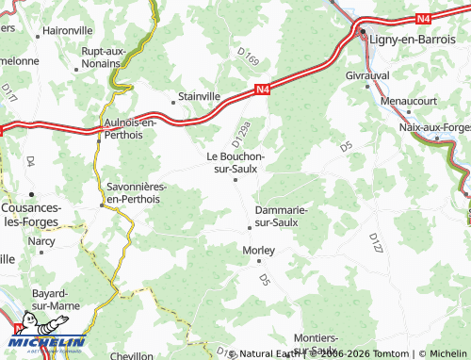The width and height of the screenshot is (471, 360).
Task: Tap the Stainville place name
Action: pos(200,96)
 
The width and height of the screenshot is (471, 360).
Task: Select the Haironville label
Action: pos(68,30)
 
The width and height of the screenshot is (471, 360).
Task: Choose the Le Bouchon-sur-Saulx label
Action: pos(235,162)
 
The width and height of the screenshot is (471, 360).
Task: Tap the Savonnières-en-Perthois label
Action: pos(133,193)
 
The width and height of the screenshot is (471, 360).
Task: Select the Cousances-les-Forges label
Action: pos(32,214)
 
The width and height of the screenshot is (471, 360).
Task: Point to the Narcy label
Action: pos(41,241)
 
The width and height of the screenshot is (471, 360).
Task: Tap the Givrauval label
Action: pos(367,74)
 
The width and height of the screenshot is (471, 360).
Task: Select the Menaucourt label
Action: pos(409,100)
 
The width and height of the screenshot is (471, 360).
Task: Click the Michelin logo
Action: pos(47,341)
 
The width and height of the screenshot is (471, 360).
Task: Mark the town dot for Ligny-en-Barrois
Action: pos(364,35)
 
